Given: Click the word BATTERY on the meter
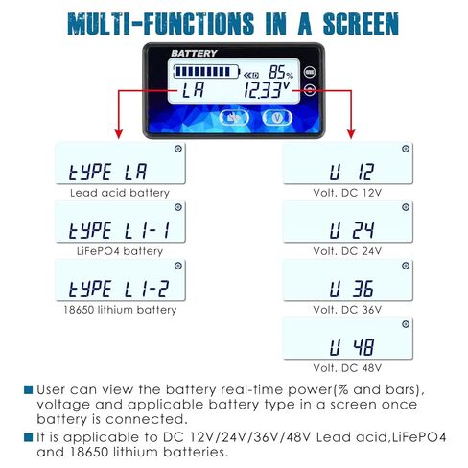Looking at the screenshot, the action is (194, 53).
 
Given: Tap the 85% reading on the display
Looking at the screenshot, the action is (281, 72).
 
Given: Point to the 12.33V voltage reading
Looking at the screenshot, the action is (267, 90).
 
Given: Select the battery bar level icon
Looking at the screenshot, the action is (206, 72).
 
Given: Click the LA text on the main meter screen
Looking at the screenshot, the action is (193, 90).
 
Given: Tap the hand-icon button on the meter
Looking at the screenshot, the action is (234, 118).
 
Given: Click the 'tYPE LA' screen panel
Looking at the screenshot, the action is (120, 163).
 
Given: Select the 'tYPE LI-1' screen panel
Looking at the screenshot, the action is (120, 222).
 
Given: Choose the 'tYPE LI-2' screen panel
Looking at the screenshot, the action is (120, 280).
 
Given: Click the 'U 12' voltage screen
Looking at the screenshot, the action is (348, 163).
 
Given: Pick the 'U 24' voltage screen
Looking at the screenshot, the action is (348, 222).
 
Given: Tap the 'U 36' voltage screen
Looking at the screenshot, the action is (348, 280).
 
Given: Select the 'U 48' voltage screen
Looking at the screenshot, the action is (348, 339).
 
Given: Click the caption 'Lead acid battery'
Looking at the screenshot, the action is (120, 193).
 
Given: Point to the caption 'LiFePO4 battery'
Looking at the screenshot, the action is (120, 251).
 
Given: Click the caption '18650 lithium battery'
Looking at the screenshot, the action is (120, 310).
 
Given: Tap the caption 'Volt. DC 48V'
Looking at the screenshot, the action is (347, 368).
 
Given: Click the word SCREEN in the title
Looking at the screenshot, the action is (361, 24).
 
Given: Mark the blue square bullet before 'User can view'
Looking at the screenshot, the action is (29, 389).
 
